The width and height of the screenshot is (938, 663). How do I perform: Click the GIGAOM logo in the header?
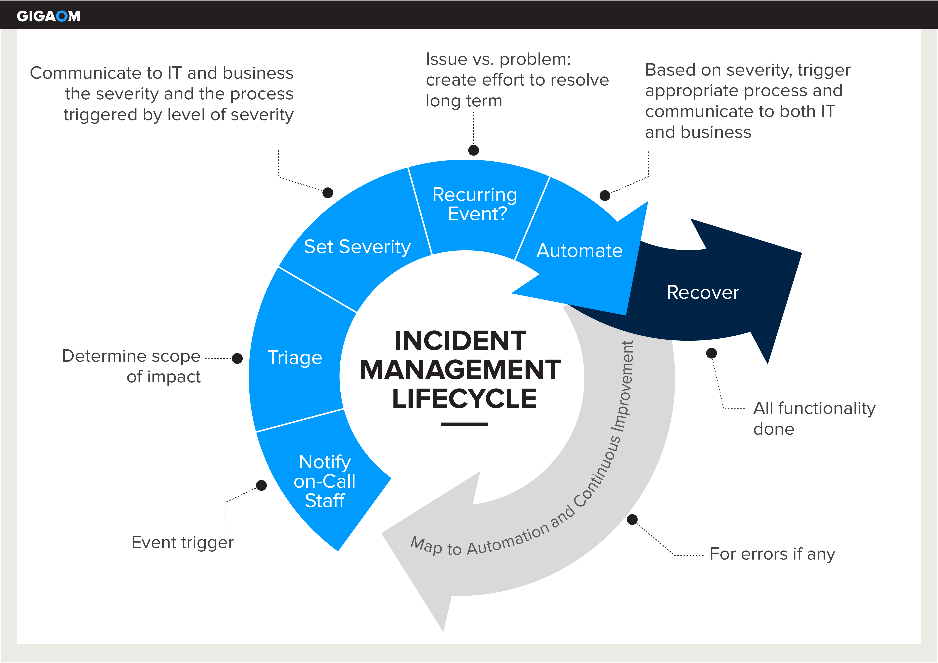click(x=49, y=16)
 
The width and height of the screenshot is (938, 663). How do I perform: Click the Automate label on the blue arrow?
click(x=579, y=251)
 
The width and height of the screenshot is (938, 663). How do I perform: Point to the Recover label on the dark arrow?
click(x=703, y=292)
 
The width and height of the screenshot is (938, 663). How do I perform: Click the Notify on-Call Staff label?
click(x=325, y=481)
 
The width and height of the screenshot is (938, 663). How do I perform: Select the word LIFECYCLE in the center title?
click(x=464, y=399)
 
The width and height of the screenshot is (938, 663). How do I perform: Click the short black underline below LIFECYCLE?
click(x=464, y=424)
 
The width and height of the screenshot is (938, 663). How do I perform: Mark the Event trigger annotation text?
click(x=183, y=543)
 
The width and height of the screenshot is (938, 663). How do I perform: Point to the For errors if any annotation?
click(x=772, y=554)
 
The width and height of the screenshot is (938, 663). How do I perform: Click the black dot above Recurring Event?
click(x=474, y=150)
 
